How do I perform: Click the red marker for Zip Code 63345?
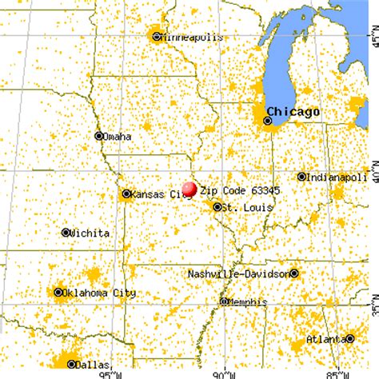(189, 189)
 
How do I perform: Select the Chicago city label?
(293, 111)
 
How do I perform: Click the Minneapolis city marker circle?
(157, 36)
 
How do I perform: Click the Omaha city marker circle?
(99, 136)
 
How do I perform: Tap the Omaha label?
(118, 137)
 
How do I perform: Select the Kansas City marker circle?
(126, 193)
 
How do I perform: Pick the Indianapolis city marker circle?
(301, 177)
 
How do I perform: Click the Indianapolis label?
(336, 177)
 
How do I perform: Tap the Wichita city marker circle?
(66, 233)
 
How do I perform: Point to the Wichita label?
(90, 233)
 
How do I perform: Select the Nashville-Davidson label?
(237, 273)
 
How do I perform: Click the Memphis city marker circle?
(223, 301)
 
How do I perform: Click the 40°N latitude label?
(369, 171)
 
